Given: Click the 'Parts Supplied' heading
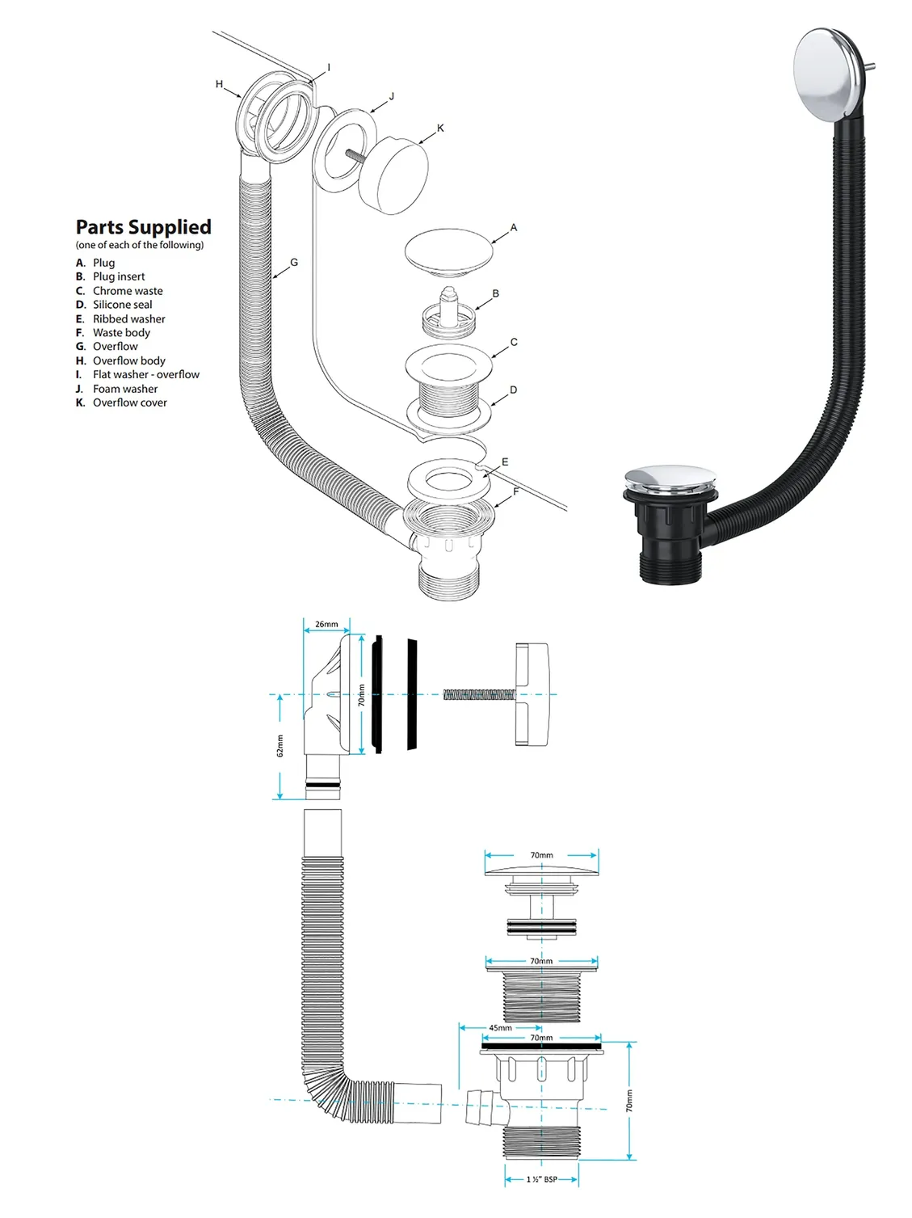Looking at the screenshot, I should [143, 227].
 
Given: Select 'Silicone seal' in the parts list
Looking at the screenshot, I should [122, 305].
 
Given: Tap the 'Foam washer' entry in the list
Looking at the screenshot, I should [125, 389].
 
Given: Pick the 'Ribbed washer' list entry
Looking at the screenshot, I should [128, 319].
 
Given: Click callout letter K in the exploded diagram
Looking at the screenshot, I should [440, 129].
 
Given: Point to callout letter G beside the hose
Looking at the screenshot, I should [294, 263].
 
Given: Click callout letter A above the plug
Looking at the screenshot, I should [513, 228].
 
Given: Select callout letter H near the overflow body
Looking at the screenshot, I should [219, 84].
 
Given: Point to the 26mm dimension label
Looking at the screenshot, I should [326, 624].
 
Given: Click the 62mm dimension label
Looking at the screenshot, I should [280, 746].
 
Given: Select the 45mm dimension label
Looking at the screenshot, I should [500, 1028].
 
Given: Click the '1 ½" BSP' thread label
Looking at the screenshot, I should [541, 1179].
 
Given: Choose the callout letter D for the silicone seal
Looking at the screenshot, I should [513, 390].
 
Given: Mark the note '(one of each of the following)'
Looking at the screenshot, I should [140, 245].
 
